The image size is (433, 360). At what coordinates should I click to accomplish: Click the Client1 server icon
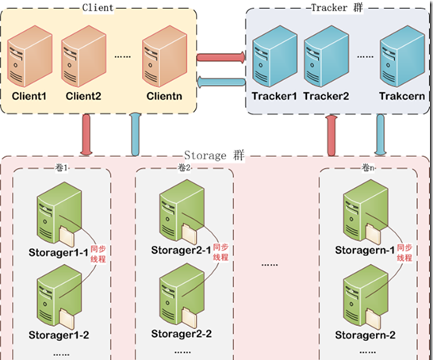30,56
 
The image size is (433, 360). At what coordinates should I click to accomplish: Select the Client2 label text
83,96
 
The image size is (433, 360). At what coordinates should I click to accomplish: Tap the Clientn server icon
165,56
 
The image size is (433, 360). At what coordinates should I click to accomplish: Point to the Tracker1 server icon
274,56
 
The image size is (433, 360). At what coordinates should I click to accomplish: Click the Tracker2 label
326,96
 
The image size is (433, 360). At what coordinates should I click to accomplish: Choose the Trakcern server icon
402,56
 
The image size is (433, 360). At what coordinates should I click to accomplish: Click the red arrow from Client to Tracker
221,57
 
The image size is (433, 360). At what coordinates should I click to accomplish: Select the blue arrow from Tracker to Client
221,82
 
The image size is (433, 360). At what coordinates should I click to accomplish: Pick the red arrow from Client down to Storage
86,135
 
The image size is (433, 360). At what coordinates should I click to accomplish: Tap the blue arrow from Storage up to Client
136,135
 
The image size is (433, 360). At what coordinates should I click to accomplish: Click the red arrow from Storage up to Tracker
331,136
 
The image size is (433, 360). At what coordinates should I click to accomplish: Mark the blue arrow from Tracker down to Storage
380,135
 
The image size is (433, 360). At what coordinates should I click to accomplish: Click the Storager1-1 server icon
59,213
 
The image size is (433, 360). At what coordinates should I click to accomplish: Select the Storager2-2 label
182,334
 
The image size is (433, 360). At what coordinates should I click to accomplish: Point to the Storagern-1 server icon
366,212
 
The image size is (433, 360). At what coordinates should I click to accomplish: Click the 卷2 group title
184,167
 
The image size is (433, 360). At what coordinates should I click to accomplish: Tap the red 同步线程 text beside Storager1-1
98,254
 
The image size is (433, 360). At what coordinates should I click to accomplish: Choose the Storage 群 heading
214,155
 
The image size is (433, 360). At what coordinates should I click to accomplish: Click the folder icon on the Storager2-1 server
190,234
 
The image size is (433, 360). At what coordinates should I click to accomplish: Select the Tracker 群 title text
337,8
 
